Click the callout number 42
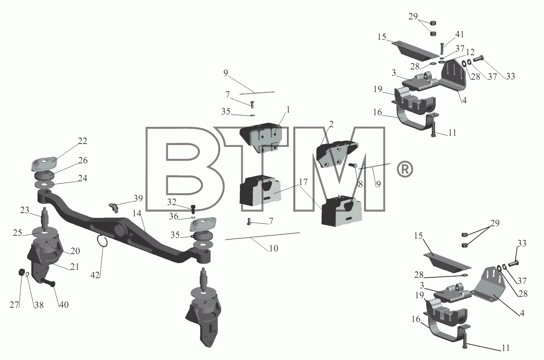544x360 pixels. coord(95,275)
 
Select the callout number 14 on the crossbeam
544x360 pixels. coord(137,213)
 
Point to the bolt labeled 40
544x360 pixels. coord(48,283)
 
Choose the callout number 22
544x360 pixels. coord(82,141)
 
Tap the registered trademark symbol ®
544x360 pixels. coord(405,169)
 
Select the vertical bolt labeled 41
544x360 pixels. coord(442,49)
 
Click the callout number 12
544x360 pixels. coord(470,52)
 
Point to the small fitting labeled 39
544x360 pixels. coord(113,208)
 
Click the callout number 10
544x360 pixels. coord(273,248)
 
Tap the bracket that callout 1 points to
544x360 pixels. coord(261,137)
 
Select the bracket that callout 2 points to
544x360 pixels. coord(337,154)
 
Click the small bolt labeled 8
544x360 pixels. coord(353,166)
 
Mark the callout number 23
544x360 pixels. coord(24,210)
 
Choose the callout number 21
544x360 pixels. coord(75,266)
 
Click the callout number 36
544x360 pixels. coord(174,216)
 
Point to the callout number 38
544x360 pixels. coord(39,305)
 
